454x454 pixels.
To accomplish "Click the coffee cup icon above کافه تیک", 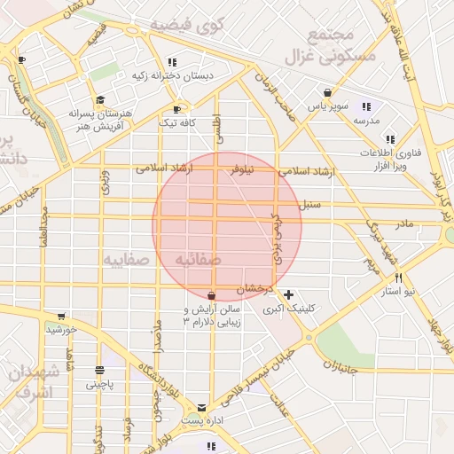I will [176, 109].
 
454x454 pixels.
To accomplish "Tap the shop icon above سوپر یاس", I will [327, 92].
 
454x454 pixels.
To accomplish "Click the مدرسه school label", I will [366, 119].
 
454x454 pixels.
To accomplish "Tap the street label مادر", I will [404, 223].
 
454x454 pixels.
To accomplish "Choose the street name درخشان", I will [254, 289].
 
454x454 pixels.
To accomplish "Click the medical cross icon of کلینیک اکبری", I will [288, 294].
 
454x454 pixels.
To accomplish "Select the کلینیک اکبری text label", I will [289, 309].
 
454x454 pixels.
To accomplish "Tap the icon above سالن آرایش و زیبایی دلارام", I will [211, 295].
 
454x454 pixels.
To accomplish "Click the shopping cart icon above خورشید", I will [60, 316].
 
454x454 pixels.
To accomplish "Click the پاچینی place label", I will [99, 385].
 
